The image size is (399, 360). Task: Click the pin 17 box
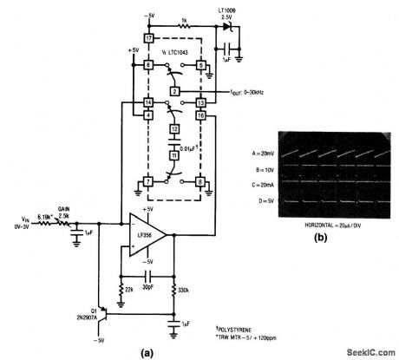pyautogui.click(x=148, y=39)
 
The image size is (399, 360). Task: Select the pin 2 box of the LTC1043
pyautogui.click(x=174, y=91)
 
